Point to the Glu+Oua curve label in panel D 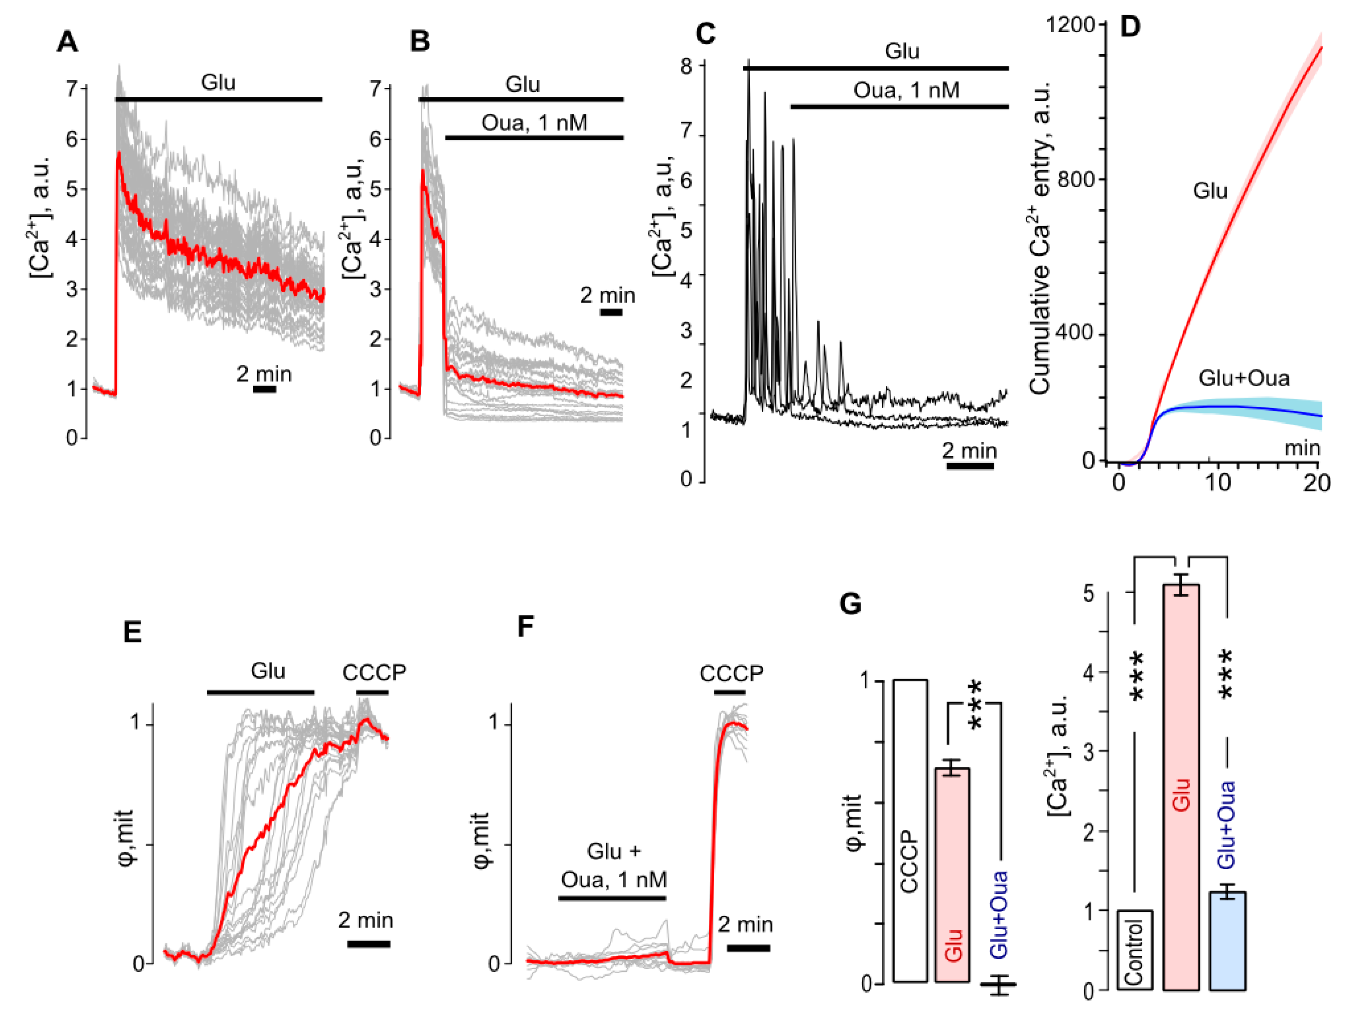coord(1243,378)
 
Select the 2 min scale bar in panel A coord(264,389)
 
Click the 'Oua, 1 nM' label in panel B coord(534,123)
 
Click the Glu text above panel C coord(902,51)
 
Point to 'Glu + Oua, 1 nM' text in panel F coord(614,865)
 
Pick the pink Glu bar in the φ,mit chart coord(952,876)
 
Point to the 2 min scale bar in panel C coord(970,466)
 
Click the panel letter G coord(850,604)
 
